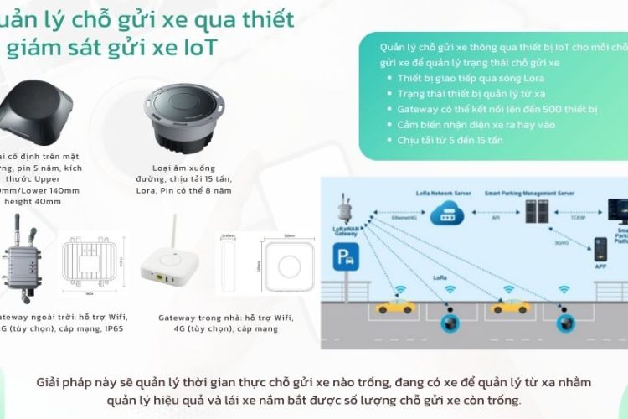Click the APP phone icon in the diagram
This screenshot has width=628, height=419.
pos(600,246)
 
